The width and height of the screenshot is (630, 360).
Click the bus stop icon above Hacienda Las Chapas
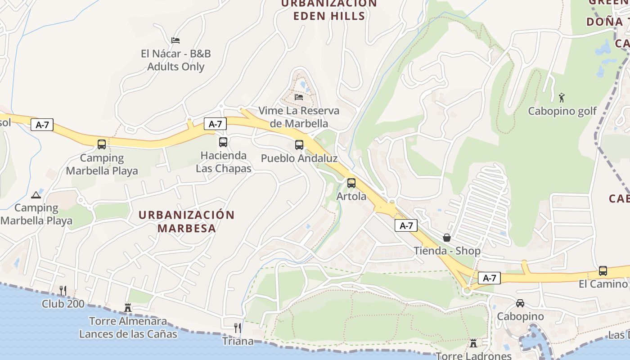(x=223, y=142)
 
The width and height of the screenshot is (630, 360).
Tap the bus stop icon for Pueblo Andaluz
(x=299, y=145)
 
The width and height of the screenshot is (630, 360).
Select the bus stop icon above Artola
(x=351, y=183)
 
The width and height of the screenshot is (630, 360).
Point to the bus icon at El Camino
(x=603, y=271)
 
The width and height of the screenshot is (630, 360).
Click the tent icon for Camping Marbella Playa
(x=36, y=195)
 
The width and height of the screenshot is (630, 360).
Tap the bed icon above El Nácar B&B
(x=175, y=40)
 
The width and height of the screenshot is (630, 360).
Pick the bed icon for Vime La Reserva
(x=299, y=97)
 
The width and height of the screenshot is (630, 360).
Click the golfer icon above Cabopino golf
(x=562, y=97)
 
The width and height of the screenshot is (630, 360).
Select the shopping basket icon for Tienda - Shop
(x=447, y=238)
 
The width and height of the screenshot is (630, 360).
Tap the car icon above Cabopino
(x=520, y=303)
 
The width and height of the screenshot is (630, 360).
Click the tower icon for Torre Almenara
(x=128, y=308)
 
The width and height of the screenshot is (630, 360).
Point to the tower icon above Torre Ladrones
(x=473, y=343)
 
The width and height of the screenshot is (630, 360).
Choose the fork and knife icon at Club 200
(x=63, y=291)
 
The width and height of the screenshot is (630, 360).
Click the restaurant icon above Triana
(x=238, y=328)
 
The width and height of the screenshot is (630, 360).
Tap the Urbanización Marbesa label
(x=187, y=221)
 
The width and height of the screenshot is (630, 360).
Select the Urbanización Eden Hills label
(x=329, y=9)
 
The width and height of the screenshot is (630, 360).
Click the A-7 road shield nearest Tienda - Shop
(x=406, y=226)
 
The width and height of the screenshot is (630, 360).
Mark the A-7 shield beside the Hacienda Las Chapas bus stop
(x=215, y=124)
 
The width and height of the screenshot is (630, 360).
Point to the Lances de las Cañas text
(x=128, y=334)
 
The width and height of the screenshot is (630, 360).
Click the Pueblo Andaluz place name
(x=299, y=158)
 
